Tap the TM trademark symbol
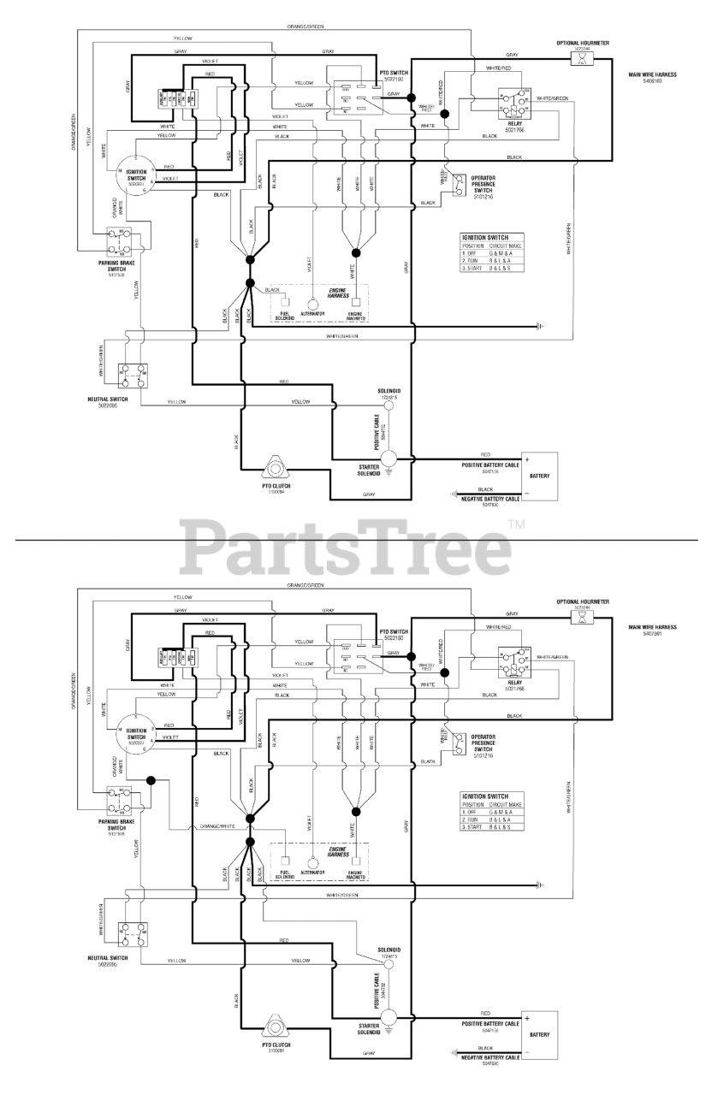515,524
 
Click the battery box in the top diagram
539,475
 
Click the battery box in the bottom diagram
539,1033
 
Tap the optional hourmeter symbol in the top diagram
583,60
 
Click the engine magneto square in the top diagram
355,303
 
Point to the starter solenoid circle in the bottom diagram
387,1015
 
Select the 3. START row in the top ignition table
490,269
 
